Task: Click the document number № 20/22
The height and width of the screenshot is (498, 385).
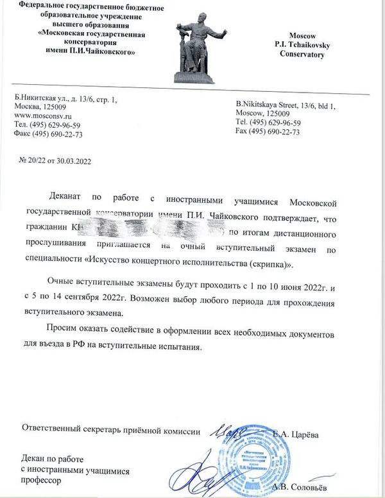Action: (36, 161)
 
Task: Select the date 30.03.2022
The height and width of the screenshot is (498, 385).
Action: (74, 161)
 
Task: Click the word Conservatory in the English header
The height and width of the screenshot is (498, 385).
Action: (302, 54)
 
